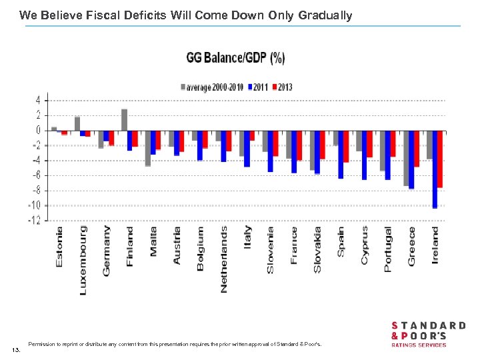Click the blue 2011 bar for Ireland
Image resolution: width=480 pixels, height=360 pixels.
[435, 169]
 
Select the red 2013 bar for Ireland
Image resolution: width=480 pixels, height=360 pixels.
[440, 159]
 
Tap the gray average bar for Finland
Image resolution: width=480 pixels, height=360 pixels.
[124, 120]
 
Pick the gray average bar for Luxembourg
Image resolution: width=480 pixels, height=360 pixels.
[77, 123]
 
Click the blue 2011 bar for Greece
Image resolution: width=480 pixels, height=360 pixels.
[411, 159]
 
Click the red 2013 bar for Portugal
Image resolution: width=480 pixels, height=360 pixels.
[393, 143]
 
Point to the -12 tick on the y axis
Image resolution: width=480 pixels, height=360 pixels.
[33, 221]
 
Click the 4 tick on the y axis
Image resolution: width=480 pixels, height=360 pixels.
[37, 100]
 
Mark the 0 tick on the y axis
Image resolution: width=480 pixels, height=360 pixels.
[37, 130]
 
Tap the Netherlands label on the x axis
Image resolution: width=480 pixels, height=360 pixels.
[224, 259]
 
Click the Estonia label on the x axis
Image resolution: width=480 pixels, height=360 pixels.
[60, 247]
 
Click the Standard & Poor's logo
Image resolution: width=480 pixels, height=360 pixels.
[428, 333]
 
